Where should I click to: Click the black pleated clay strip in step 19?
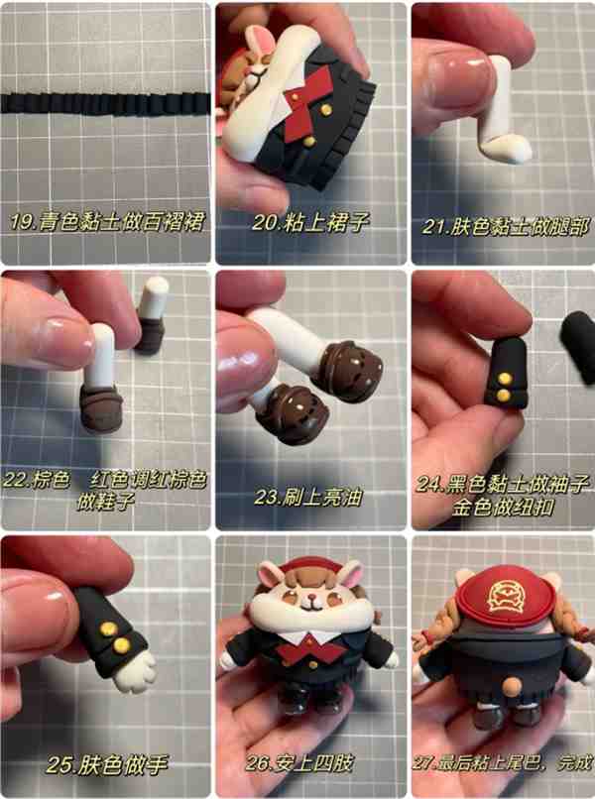coord(104,103)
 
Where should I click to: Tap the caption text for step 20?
coord(310,222)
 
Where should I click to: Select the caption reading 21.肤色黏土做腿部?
coord(505,227)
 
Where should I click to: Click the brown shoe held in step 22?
coord(101,408)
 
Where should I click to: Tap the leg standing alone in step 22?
coord(152,315)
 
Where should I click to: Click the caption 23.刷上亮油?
coord(308,497)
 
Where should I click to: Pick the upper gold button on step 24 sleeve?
coord(505,378)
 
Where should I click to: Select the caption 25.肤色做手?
coord(106,764)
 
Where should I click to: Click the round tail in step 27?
coord(511,686)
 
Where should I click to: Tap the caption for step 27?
coord(502,763)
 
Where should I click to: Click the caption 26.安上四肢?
coord(299,763)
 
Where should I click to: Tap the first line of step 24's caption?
coord(503,484)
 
